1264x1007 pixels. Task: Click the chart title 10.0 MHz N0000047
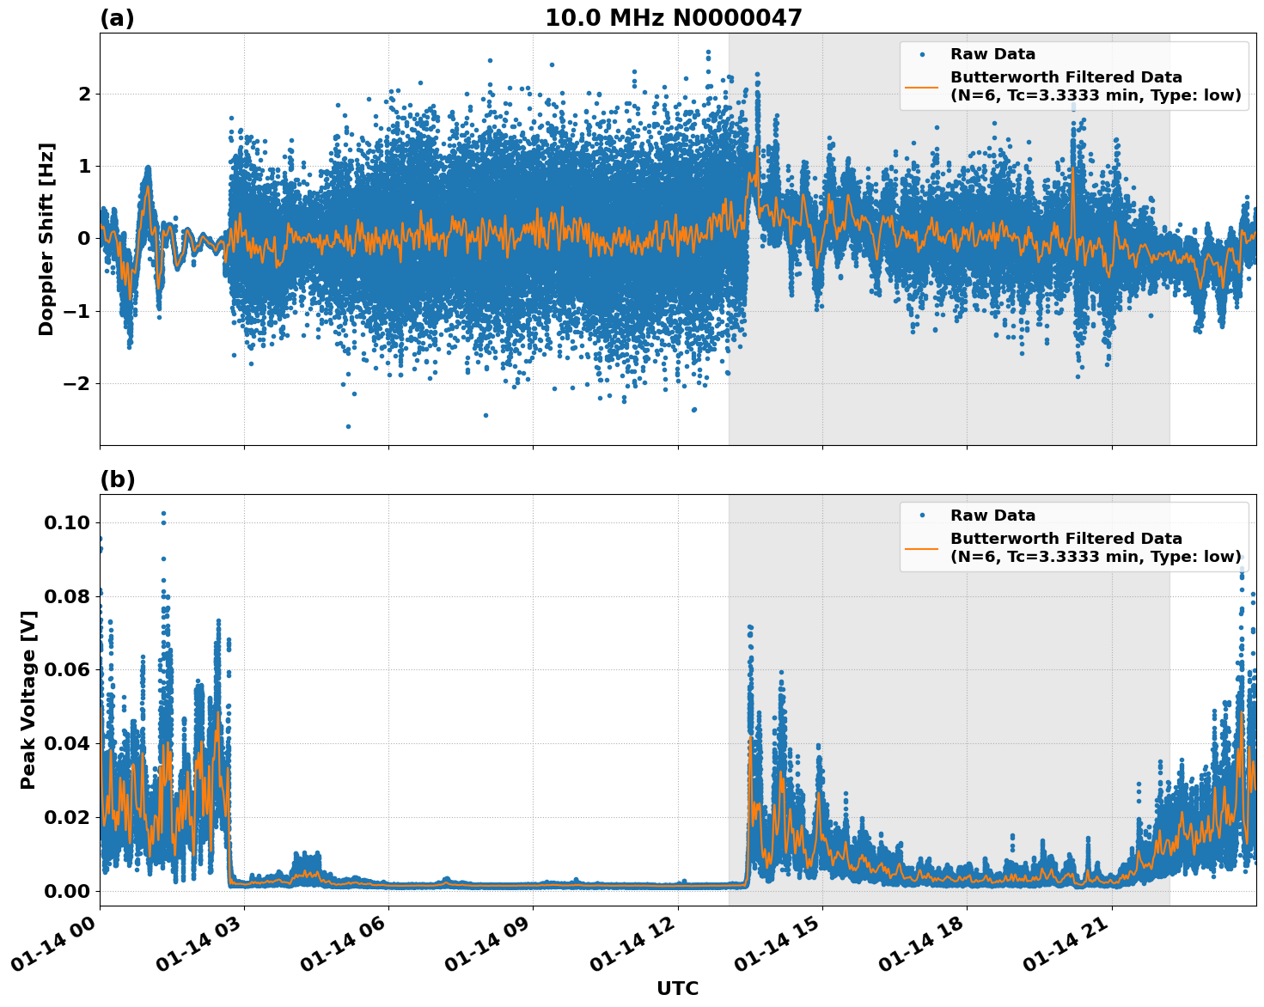coord(673,18)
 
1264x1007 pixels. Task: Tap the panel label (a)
coord(117,18)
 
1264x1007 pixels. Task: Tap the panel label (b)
coord(117,479)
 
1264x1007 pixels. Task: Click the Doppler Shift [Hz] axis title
coord(46,239)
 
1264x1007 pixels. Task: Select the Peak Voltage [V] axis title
coord(28,699)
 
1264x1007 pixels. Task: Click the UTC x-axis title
coord(677,988)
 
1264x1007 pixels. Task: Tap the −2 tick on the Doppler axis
coord(76,383)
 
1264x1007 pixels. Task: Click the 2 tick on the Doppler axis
coord(84,94)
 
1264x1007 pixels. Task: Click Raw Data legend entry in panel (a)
coord(992,54)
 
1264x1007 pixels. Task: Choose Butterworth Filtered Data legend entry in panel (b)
coord(1066,547)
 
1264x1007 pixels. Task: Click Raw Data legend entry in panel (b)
coord(992,516)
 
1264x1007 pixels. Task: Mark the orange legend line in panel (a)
coord(922,86)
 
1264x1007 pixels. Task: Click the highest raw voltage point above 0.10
coord(163,514)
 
